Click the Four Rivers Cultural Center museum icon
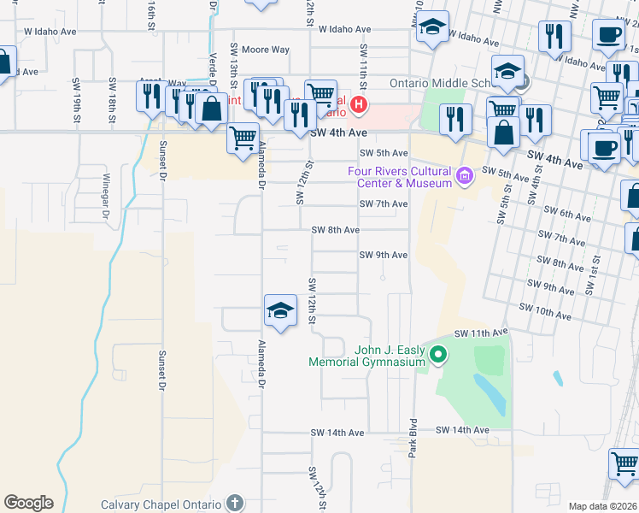[465, 177]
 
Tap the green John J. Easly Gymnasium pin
[438, 353]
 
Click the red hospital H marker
[359, 105]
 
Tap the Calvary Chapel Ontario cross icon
[235, 503]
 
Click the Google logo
[28, 503]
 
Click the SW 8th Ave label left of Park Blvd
[335, 230]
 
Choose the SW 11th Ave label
[481, 332]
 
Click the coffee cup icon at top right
[608, 36]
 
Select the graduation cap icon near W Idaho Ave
[434, 28]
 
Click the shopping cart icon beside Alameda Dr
[243, 137]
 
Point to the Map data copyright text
[603, 506]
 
